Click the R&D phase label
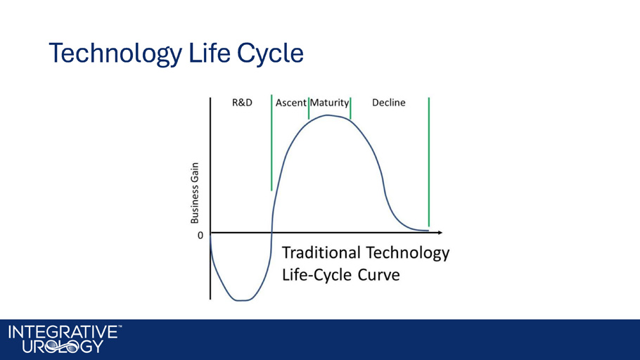coord(242,103)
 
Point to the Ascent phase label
coord(290,103)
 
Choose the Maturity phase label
coord(329,103)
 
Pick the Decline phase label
coord(388,103)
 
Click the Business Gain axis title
coord(195,193)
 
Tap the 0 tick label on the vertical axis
coord(200,236)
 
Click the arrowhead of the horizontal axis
coord(440,233)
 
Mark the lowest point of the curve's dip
coord(241,301)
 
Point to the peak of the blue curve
coord(328,115)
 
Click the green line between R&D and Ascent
coord(271,143)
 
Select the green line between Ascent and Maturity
coord(309,108)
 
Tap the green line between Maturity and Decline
coord(351,108)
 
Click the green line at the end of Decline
coord(429,162)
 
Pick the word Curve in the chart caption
coord(379,275)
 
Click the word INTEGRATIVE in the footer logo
coord(63,333)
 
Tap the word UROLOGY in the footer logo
coord(63,347)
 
